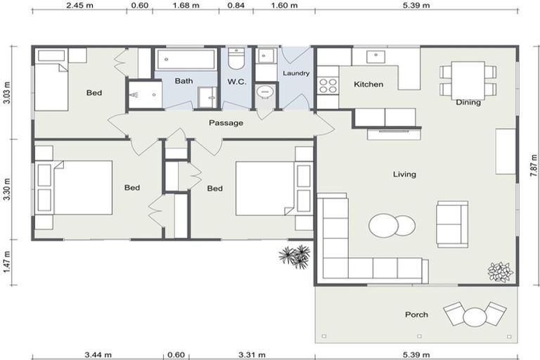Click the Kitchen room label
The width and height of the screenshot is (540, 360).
pos(368,84)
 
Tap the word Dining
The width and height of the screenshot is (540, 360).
pos(468,103)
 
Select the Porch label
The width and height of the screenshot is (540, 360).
pos(416,314)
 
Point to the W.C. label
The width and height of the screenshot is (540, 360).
pos(236,82)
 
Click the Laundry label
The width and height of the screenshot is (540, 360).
pos(296,73)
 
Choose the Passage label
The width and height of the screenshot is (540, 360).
pos(226,123)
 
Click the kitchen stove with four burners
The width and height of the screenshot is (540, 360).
pos(328,85)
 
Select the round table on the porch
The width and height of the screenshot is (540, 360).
pos(476,317)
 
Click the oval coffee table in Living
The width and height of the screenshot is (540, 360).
pos(392,226)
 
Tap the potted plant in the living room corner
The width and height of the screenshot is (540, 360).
pos(500,271)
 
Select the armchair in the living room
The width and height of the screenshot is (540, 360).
pos(451,224)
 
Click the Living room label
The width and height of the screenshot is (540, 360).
pos(404,174)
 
